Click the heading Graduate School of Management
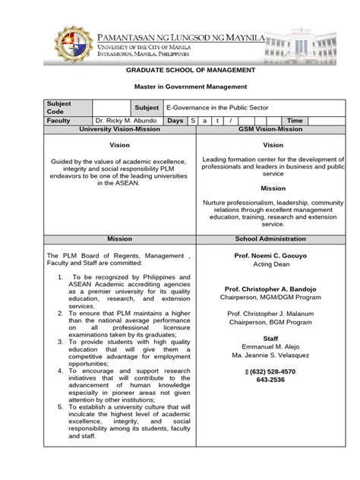tap(179, 70)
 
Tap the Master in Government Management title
tap(180, 88)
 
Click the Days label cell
tap(175, 121)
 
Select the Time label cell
tap(296, 121)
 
